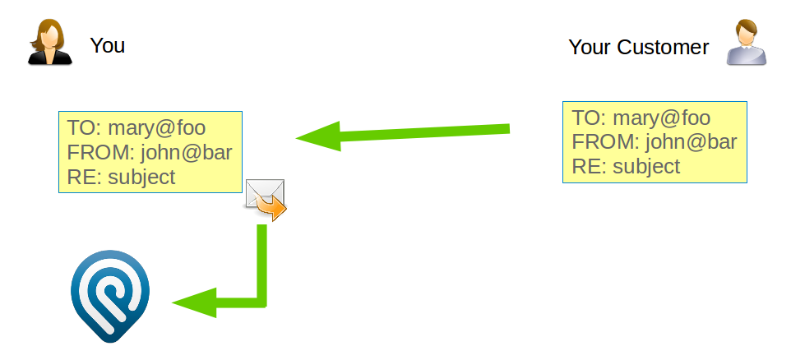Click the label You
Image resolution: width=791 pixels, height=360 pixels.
tap(108, 45)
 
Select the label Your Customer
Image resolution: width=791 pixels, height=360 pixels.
tap(638, 48)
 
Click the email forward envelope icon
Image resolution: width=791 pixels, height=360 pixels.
tap(266, 200)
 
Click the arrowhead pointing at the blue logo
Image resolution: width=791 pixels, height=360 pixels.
tap(193, 302)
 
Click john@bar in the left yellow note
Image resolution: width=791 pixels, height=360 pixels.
tap(187, 152)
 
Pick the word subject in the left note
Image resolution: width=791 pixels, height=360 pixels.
tap(141, 176)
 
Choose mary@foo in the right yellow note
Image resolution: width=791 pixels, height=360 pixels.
tap(661, 118)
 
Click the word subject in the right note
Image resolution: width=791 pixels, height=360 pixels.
tap(646, 166)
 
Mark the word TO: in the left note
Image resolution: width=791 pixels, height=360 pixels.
tap(83, 127)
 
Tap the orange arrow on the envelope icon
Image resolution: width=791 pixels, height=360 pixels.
tap(275, 208)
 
